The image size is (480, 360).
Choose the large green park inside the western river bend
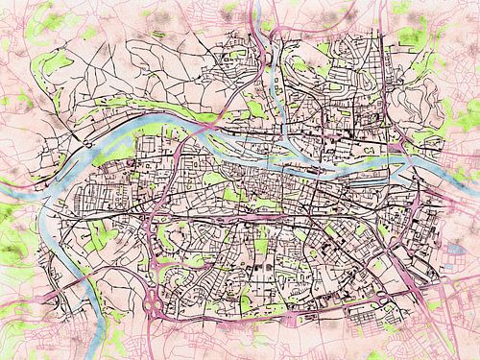tap(96, 230)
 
